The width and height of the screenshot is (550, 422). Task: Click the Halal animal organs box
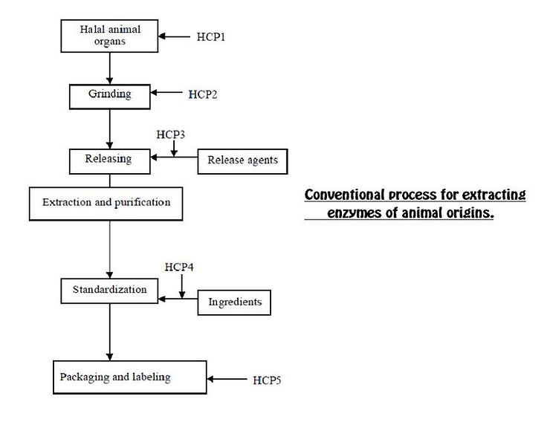[x=109, y=36]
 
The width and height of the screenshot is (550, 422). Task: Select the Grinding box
[x=110, y=97]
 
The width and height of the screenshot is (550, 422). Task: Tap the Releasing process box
[x=110, y=161]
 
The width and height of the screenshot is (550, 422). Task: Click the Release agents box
[x=243, y=161]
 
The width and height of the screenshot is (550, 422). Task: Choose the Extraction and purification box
[x=106, y=204]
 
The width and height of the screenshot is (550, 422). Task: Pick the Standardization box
[x=109, y=290]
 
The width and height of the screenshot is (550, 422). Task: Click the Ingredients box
[x=234, y=302]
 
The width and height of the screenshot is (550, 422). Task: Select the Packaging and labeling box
[x=130, y=377]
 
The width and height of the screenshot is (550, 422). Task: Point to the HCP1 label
[x=210, y=37]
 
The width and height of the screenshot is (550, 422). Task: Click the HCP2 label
[x=203, y=94]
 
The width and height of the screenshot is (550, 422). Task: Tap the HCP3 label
[x=170, y=134]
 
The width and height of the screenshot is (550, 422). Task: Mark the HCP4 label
[x=179, y=267]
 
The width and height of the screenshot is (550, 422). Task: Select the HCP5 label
[x=267, y=380]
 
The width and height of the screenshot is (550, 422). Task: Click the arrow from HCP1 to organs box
[x=175, y=36]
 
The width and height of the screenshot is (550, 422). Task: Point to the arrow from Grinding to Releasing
[x=110, y=129]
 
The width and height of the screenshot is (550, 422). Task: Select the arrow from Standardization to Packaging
[x=110, y=332]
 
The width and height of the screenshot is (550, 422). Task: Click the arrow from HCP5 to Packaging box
[x=227, y=379]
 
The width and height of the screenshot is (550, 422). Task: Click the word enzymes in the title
[x=354, y=212]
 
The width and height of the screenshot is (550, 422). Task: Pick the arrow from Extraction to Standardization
[x=110, y=250]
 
